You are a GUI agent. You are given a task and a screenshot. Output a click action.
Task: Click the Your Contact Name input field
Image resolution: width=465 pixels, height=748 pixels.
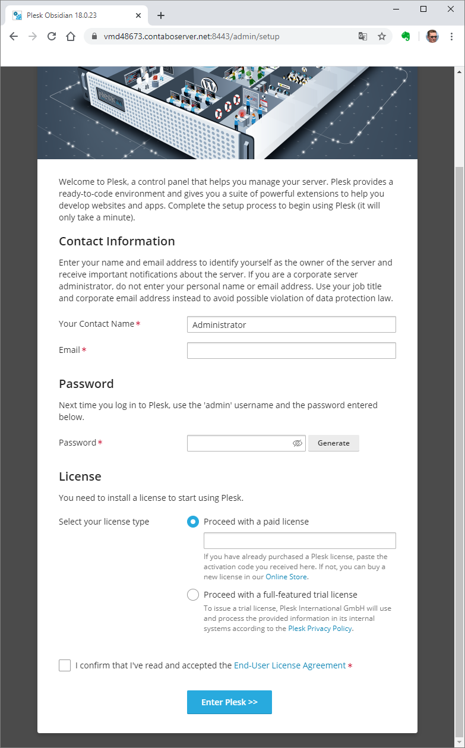(291, 324)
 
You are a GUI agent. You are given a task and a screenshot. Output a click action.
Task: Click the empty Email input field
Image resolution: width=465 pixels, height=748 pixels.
(291, 351)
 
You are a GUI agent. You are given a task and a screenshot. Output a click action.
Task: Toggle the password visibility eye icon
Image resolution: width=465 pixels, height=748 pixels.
(298, 443)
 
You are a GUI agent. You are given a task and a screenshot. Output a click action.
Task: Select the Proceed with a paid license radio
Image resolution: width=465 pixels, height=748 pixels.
(193, 522)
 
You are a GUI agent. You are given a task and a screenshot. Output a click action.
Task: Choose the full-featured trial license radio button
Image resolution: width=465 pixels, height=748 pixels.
(193, 595)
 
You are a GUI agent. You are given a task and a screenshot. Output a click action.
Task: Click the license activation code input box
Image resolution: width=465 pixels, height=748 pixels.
(299, 541)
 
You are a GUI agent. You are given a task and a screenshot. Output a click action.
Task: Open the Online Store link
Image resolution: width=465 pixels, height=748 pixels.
(286, 577)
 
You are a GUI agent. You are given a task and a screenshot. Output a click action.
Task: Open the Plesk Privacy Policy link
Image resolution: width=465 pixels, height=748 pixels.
(320, 629)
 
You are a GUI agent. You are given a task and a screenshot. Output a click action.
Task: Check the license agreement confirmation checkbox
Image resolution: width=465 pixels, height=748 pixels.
(65, 665)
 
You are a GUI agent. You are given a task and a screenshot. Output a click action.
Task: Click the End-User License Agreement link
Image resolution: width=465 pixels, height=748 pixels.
(290, 665)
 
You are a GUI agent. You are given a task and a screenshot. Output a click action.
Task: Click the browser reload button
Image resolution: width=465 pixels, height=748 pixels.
(52, 36)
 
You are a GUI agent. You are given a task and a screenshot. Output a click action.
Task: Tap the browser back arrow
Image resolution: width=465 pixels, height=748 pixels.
(14, 36)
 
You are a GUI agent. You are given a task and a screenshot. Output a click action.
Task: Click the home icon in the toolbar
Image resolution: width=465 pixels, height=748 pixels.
(71, 36)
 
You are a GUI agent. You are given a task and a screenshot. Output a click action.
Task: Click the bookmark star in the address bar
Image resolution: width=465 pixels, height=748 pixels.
(382, 36)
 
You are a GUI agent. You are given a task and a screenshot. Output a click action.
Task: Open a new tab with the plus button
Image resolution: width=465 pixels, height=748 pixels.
(161, 15)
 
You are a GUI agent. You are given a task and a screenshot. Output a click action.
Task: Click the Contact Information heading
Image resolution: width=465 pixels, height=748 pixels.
(117, 241)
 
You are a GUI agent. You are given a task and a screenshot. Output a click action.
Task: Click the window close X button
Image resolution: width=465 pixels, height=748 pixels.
(450, 9)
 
